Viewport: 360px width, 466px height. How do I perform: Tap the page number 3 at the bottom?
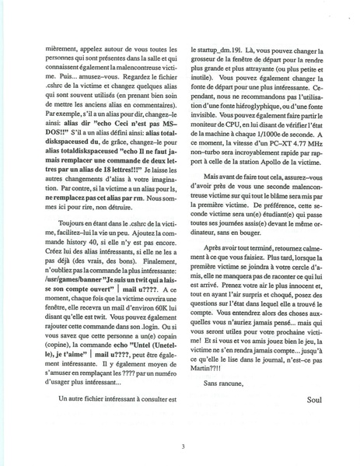[x=180, y=446]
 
